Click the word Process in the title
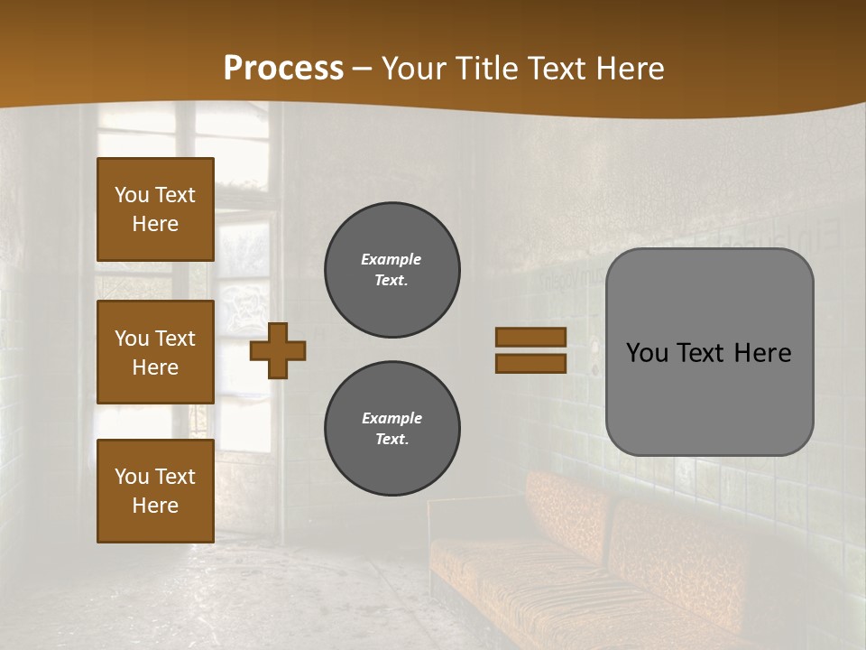[x=283, y=68]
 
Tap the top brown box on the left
[x=155, y=209]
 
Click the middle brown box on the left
[x=155, y=352]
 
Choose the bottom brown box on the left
[x=155, y=491]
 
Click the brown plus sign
[x=278, y=351]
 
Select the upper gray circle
[x=392, y=270]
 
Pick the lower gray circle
[x=392, y=429]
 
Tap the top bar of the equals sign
[x=530, y=338]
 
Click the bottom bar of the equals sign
[x=530, y=364]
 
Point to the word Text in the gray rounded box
[x=707, y=353]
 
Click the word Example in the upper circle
[x=391, y=259]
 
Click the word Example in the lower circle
[x=392, y=418]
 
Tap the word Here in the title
[x=629, y=68]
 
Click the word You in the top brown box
[x=132, y=195]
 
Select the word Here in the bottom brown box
[x=155, y=506]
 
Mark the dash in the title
[x=362, y=70]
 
